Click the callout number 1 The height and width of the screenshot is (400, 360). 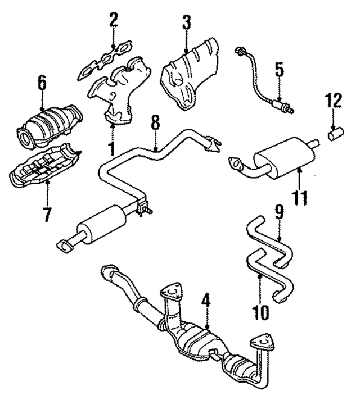point(112,148)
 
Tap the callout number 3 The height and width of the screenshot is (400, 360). point(186,23)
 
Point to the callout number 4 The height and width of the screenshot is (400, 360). point(206,302)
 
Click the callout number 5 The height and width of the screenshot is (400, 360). point(280,72)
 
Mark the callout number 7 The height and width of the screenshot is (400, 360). point(47,213)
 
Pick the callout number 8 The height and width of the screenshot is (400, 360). point(155,125)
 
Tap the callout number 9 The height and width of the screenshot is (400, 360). point(280,213)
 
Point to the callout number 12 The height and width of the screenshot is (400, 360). point(332,101)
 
